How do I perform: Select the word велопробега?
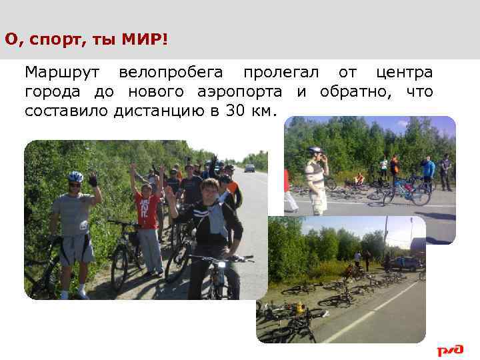pyautogui.click(x=171, y=72)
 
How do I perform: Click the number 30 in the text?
pyautogui.click(x=235, y=110)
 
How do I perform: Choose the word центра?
pyautogui.click(x=404, y=72)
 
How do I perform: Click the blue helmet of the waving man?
pyautogui.click(x=75, y=177)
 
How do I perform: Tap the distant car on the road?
pyautogui.click(x=249, y=168)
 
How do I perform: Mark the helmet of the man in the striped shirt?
pyautogui.click(x=314, y=151)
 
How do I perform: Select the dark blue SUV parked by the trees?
pyautogui.click(x=403, y=263)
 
